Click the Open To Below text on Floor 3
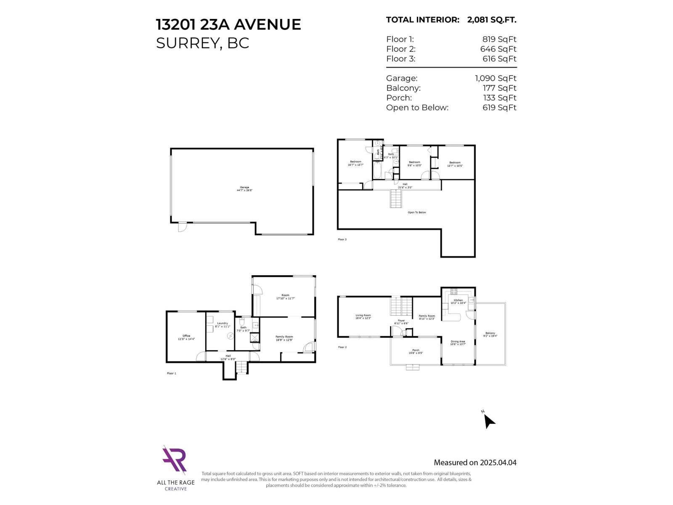(x=416, y=213)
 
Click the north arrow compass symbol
(x=488, y=420)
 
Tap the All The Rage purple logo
(x=175, y=460)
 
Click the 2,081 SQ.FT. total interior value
(x=491, y=20)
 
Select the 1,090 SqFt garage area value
(x=495, y=78)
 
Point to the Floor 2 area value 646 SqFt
(x=498, y=49)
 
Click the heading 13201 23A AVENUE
(x=228, y=24)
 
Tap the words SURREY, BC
(x=202, y=43)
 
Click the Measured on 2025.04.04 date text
(x=475, y=462)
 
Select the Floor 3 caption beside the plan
(x=342, y=239)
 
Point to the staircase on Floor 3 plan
(x=395, y=199)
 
